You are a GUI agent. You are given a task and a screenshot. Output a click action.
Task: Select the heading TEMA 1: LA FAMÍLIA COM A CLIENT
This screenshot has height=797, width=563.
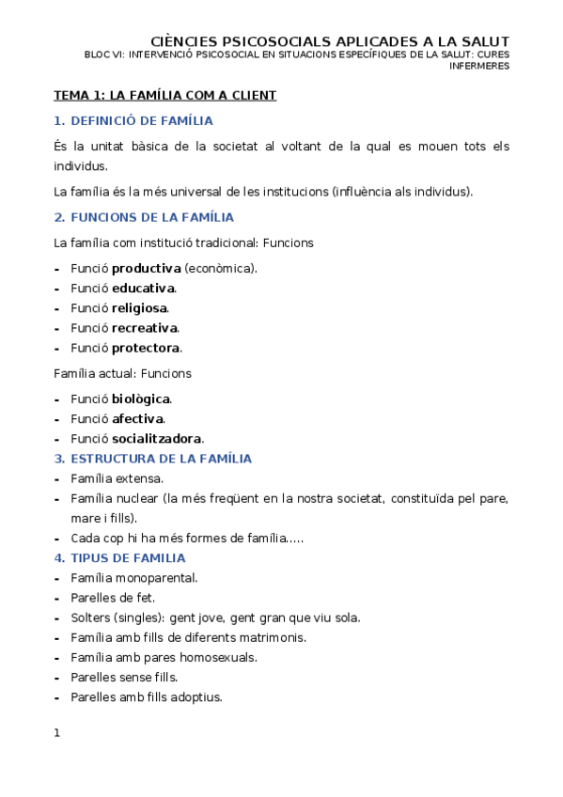click(164, 96)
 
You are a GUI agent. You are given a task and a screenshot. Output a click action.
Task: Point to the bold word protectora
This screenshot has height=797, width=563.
click(146, 348)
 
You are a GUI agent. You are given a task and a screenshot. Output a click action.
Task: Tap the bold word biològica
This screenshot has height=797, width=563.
click(141, 398)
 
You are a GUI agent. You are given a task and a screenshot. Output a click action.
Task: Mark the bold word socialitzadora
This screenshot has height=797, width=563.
click(157, 439)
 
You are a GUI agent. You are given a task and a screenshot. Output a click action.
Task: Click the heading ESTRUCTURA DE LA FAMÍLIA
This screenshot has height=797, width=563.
click(161, 459)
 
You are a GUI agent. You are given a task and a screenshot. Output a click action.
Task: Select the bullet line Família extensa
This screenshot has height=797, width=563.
click(117, 478)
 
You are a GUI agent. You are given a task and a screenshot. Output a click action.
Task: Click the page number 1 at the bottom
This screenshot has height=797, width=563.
click(57, 733)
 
